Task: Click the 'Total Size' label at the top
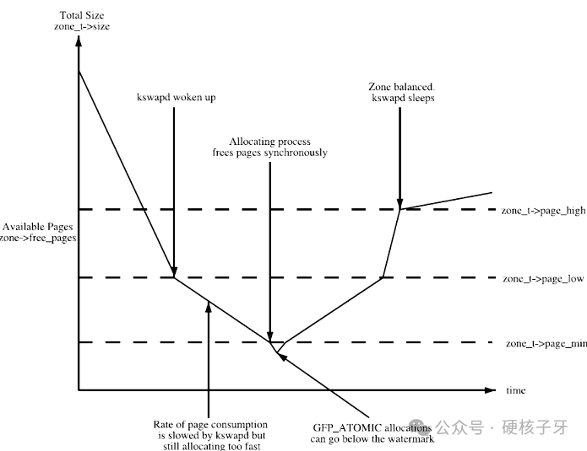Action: [x=80, y=16]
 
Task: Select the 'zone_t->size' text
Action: [x=80, y=27]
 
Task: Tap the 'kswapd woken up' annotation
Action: [x=176, y=98]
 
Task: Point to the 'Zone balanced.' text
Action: [x=402, y=87]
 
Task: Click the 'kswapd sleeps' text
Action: [x=403, y=99]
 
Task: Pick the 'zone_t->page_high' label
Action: [x=543, y=210]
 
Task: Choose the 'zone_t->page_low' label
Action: [x=543, y=278]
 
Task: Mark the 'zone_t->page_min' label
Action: [x=546, y=343]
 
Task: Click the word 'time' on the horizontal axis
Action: [x=515, y=390]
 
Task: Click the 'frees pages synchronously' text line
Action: [x=269, y=153]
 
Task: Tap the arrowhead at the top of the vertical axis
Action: [x=79, y=42]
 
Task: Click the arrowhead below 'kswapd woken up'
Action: [x=173, y=271]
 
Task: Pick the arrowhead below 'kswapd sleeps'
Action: [x=399, y=201]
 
